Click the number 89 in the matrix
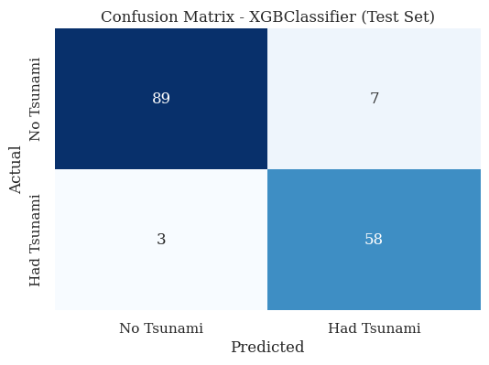tap(161, 99)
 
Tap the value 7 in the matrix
tap(374, 99)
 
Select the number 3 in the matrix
tap(161, 240)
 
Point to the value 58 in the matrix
tap(374, 240)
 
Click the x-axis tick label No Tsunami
tap(161, 328)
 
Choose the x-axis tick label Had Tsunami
tap(374, 328)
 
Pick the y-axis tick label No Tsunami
tap(36, 100)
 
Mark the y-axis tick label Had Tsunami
tap(36, 240)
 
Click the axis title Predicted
tap(267, 348)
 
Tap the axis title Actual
tap(16, 169)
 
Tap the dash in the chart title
tap(235, 17)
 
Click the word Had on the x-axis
tap(342, 328)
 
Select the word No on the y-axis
tap(36, 131)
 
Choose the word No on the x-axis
tap(130, 328)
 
